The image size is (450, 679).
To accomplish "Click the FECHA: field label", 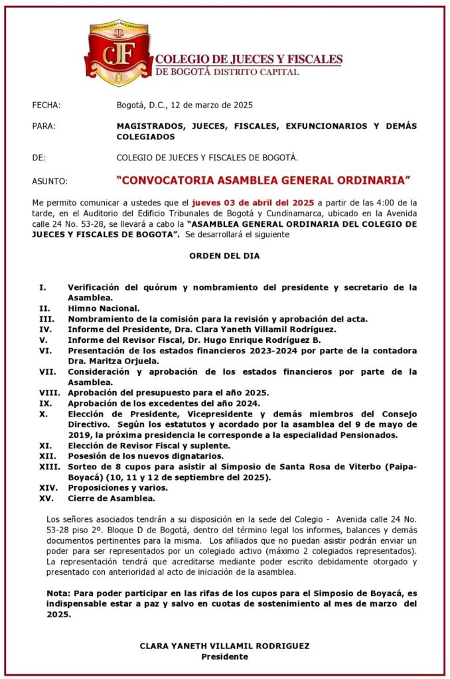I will [46, 105].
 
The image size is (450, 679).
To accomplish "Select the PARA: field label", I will [43, 126].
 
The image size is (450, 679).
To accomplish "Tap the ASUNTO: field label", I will [50, 180].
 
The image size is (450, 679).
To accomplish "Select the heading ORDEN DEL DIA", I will [224, 255].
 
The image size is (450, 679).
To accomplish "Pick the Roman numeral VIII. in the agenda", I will [49, 393].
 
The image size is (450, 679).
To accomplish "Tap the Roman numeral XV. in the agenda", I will [46, 498].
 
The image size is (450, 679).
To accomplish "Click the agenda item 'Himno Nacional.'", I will [104, 308].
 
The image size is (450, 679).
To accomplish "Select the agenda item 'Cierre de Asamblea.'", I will [112, 498].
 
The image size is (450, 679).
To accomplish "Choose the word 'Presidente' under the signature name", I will [224, 656].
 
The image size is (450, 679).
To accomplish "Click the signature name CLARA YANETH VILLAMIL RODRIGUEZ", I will [224, 646].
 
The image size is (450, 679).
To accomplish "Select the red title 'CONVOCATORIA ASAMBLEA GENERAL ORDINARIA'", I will [263, 180].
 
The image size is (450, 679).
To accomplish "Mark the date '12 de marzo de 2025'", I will [212, 105].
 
